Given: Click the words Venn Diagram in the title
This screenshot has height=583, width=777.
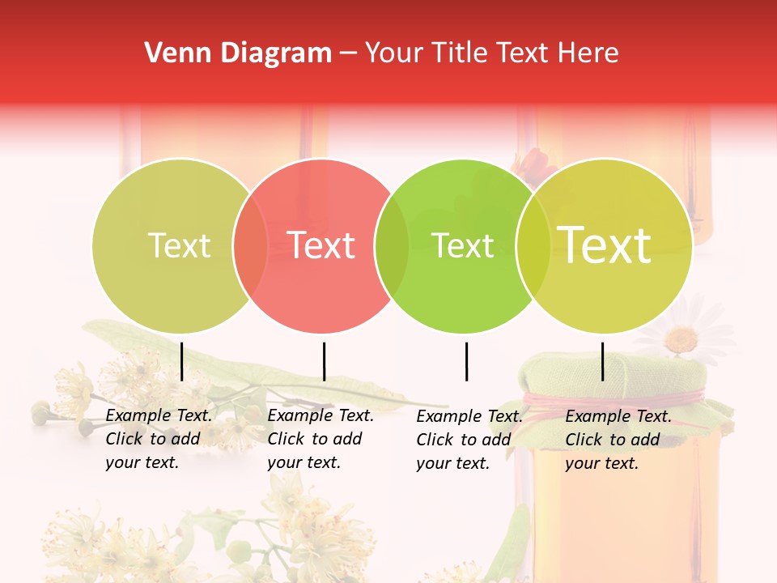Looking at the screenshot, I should pyautogui.click(x=238, y=53).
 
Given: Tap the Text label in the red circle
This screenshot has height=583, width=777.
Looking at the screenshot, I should pyautogui.click(x=321, y=245).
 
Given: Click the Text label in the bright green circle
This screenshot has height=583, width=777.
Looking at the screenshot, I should pyautogui.click(x=463, y=245).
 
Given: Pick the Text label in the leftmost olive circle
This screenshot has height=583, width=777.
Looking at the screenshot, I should pyautogui.click(x=180, y=245).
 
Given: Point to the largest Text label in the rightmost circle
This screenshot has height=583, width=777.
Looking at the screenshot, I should pyautogui.click(x=605, y=245).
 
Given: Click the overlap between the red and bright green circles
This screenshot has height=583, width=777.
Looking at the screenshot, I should pyautogui.click(x=392, y=245).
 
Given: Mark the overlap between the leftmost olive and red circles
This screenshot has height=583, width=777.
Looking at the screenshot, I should pyautogui.click(x=250, y=245).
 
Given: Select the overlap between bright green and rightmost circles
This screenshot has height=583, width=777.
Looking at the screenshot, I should pyautogui.click(x=533, y=245).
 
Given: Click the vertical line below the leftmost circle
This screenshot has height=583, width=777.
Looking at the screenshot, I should pyautogui.click(x=181, y=361).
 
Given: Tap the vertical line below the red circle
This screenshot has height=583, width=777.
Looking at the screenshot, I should pyautogui.click(x=324, y=361).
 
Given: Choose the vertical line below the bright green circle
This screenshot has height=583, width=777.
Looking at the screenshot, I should pyautogui.click(x=466, y=361).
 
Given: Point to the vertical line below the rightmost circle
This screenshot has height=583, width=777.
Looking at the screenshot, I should pyautogui.click(x=603, y=361).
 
